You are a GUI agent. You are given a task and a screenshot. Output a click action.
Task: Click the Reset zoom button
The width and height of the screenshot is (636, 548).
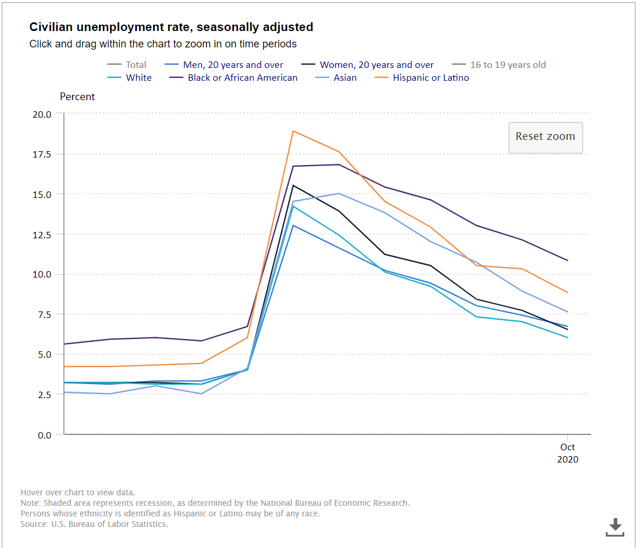click(x=545, y=137)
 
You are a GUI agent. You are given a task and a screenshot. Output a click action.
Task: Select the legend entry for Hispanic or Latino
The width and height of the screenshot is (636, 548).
click(x=431, y=78)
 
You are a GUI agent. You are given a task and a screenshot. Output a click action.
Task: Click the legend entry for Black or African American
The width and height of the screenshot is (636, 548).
click(x=242, y=78)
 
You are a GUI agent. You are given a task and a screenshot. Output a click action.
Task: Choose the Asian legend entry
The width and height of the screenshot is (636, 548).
click(x=345, y=78)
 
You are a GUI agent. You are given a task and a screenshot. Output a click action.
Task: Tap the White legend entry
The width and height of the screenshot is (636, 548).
click(x=139, y=78)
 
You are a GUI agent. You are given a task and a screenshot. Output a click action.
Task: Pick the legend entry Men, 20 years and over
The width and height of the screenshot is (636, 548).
click(x=233, y=65)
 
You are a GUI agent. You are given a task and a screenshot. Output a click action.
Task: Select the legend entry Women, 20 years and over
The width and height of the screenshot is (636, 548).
click(x=376, y=65)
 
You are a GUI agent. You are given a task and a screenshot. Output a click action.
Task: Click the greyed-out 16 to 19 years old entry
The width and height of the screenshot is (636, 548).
click(x=508, y=65)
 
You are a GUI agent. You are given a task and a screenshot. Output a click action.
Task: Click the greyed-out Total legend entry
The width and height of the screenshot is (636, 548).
click(x=136, y=65)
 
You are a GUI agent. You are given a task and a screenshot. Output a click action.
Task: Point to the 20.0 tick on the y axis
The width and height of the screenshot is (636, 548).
click(x=42, y=114)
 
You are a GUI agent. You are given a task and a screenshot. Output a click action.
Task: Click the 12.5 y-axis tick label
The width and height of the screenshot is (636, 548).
click(x=42, y=235)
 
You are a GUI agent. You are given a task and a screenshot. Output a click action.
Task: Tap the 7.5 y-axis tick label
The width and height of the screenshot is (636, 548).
click(x=44, y=314)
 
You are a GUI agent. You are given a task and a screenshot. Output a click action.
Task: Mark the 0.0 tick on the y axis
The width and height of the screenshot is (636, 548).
click(x=44, y=435)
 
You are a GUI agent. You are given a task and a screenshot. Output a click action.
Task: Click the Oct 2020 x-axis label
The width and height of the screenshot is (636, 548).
click(x=568, y=453)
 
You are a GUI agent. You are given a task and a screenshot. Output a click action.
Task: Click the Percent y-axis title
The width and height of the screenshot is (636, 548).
click(x=77, y=97)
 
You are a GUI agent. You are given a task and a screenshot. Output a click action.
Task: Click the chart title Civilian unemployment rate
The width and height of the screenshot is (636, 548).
click(x=171, y=27)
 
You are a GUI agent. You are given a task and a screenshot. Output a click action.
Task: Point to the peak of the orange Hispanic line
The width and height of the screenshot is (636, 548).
click(x=293, y=131)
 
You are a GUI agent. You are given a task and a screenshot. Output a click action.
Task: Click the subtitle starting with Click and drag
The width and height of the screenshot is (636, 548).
click(x=163, y=44)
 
